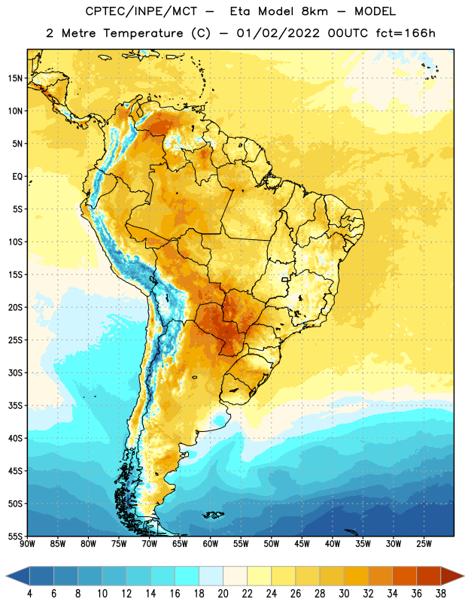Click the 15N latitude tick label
coord(15,78)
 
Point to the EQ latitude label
coord(17,177)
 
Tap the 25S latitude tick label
coord(15,340)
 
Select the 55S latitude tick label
coord(15,537)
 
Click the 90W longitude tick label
coord(27,544)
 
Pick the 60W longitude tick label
coord(211,544)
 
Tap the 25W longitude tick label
coord(424,544)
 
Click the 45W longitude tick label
coord(302,544)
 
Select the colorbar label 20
coord(223,594)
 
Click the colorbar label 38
coord(441,594)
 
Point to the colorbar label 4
coord(29,594)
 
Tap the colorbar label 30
coord(344,594)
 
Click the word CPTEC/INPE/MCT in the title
coord(141,11)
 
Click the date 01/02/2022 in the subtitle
coord(278,33)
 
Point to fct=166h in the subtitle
coord(406,33)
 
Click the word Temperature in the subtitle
coord(143,34)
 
